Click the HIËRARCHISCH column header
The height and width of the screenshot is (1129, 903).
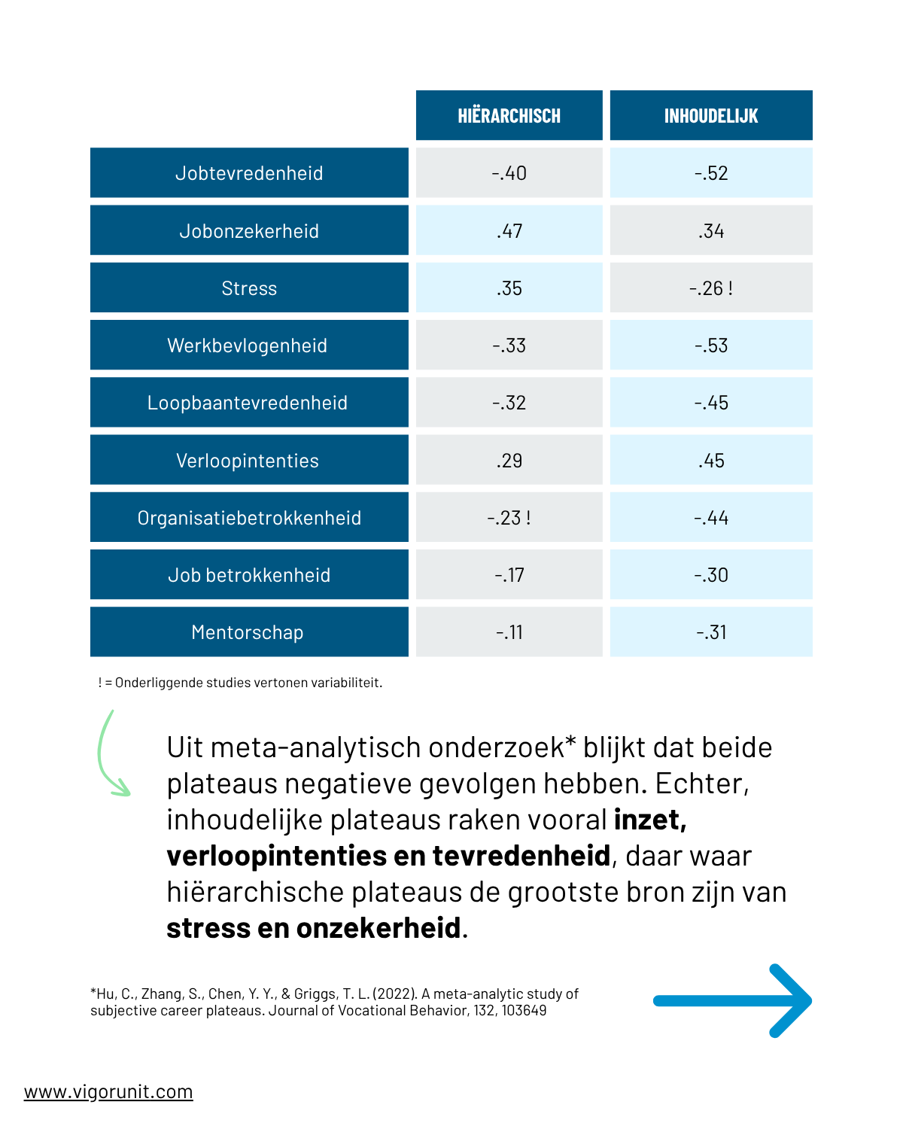coord(509,115)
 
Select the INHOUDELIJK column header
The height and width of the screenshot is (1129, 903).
coord(710,115)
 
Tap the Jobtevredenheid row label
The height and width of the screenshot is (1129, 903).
coord(249,172)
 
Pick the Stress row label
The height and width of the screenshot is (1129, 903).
coord(249,288)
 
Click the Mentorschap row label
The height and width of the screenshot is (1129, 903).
coord(249,631)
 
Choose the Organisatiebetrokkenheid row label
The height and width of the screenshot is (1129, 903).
coord(249,517)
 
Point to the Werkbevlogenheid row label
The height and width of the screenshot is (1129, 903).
coord(249,345)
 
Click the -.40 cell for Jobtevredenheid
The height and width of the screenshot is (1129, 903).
coord(509,172)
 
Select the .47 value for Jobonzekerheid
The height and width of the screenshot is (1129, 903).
coord(509,230)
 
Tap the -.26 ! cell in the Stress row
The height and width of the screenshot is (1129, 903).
coord(711,288)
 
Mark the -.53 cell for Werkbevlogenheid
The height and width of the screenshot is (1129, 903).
coord(711,345)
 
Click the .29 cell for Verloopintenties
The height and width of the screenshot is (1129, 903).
coord(509,460)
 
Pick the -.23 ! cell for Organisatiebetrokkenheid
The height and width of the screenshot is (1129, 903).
coord(509,517)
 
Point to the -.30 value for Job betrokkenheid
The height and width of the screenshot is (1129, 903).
coord(711,574)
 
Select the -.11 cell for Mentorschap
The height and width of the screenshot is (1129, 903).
coord(509,631)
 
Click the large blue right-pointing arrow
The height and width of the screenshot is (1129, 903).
coord(732,1001)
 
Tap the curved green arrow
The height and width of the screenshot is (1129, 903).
coord(99,756)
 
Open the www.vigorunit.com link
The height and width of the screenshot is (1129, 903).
coord(108,1092)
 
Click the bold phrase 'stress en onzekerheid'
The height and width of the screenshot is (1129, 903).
coord(314,927)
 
